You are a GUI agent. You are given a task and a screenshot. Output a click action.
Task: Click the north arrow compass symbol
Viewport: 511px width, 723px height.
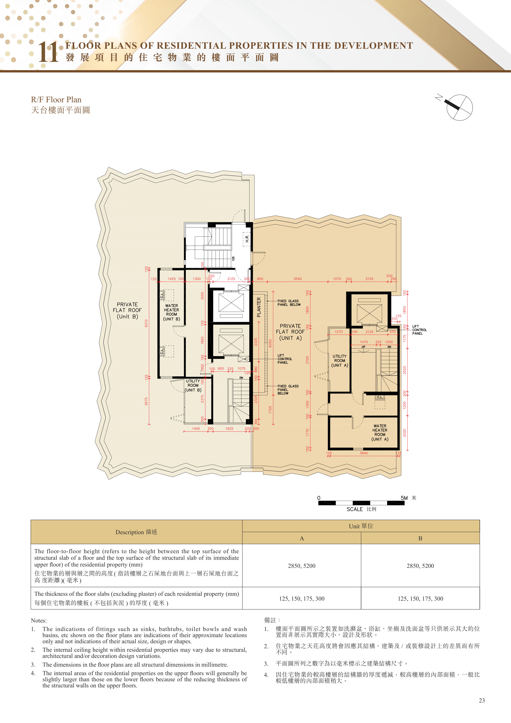coord(459,107)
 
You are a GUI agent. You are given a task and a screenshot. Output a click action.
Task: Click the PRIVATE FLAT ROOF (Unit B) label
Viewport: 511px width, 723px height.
coord(127,311)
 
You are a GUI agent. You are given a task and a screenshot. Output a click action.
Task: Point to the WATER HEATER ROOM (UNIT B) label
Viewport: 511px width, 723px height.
coord(171,312)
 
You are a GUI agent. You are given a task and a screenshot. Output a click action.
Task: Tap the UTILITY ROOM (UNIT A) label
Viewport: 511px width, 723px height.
coord(340,361)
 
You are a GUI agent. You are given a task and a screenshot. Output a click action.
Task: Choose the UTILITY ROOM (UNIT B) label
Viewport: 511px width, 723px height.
coord(193,385)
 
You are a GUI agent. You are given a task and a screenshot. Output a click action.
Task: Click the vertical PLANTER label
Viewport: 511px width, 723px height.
coord(259,307)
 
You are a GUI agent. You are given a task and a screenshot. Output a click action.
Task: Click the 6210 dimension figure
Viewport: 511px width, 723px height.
coord(146,323)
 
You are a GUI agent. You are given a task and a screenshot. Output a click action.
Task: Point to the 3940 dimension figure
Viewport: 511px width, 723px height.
coord(364,453)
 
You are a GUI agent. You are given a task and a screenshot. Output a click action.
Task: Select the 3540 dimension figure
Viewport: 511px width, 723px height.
coord(298,279)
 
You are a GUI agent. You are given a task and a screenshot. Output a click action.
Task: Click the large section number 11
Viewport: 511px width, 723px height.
coord(48,52)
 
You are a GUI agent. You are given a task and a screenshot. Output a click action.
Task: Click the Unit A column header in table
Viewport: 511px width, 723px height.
coord(302,538)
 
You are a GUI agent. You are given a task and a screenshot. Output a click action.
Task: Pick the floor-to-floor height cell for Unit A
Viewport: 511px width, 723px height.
coord(302,566)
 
